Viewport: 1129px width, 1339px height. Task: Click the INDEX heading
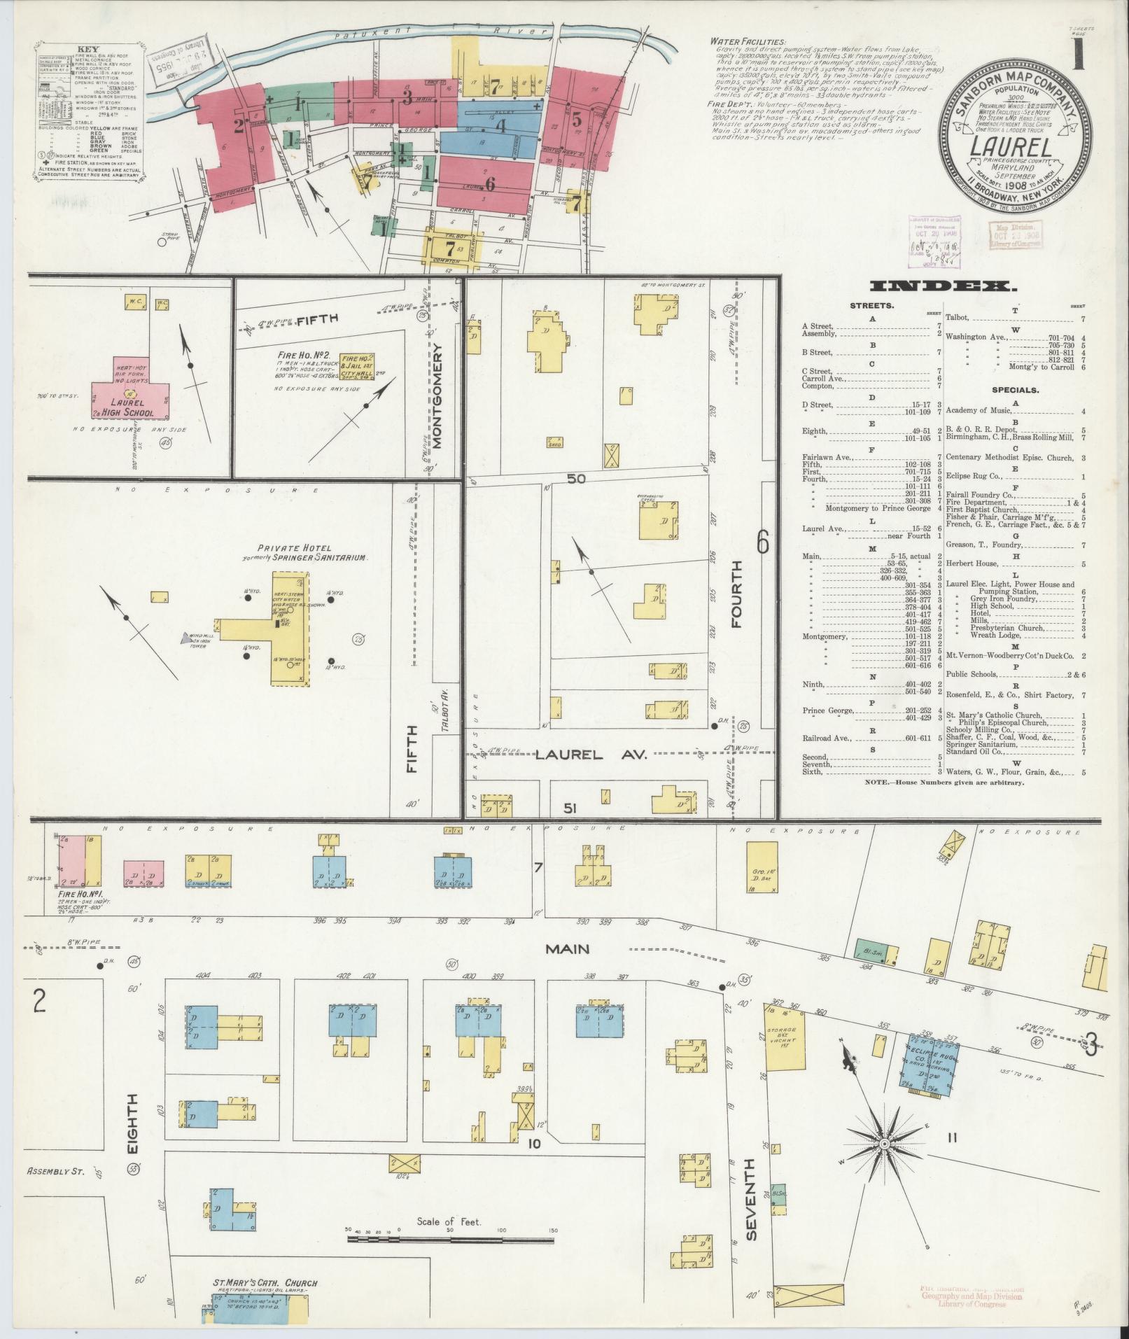tap(941, 286)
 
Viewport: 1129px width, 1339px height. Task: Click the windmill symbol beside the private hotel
tap(185, 638)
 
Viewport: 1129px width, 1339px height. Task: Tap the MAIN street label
tap(568, 949)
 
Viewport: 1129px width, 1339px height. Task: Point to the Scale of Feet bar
tap(451, 1240)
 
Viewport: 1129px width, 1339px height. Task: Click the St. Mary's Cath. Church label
tap(265, 1283)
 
